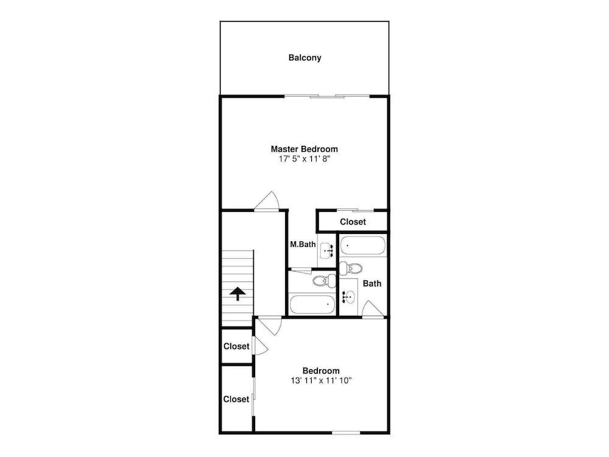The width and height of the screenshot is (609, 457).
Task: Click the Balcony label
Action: [x=304, y=58]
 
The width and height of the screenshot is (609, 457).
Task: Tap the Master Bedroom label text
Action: [x=304, y=149]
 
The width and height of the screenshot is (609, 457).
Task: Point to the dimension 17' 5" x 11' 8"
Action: [x=304, y=159]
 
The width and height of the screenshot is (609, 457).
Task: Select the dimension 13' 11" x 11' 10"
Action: [x=321, y=381]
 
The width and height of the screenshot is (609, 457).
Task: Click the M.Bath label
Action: [x=303, y=244]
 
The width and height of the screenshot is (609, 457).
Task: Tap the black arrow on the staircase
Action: [x=238, y=294]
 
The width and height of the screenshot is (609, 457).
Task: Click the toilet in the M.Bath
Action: [x=325, y=280]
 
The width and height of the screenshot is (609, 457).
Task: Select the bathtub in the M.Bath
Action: [x=312, y=305]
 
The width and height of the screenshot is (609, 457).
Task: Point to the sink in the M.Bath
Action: [x=326, y=250]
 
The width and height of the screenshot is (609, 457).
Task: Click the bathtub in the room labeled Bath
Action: [x=363, y=246]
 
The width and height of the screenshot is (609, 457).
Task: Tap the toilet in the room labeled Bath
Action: [x=351, y=268]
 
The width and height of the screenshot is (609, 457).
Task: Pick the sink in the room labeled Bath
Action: [x=348, y=297]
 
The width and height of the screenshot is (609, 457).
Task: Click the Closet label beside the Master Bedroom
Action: [x=353, y=222]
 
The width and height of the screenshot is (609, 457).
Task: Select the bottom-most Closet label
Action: [x=236, y=399]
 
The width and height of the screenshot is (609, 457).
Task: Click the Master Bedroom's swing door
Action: [x=267, y=201]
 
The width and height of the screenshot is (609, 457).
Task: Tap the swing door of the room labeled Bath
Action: [x=373, y=310]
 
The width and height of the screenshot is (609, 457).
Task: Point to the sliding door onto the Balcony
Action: [x=327, y=96]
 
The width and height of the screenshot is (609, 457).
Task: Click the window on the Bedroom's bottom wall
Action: [x=346, y=433]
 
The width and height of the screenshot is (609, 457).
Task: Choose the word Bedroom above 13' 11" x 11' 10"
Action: [x=321, y=370]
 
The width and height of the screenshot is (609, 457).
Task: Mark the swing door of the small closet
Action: [x=260, y=346]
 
